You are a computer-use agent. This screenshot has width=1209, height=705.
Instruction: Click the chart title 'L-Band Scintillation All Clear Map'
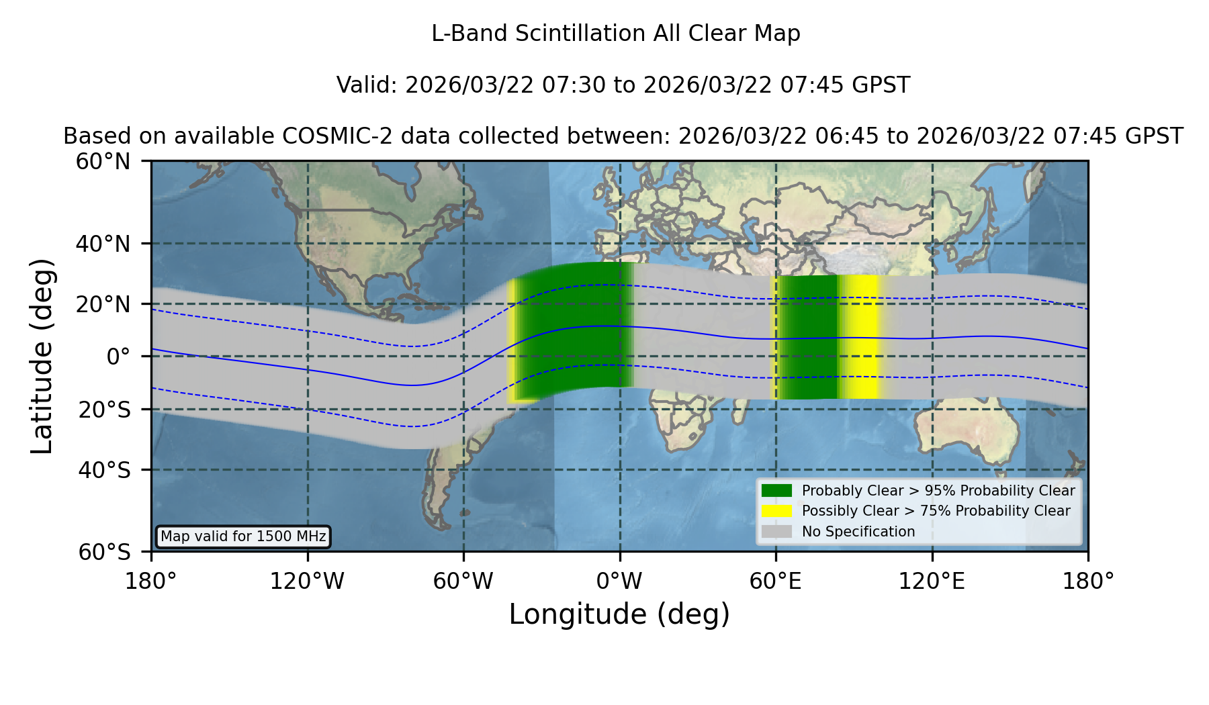[615, 34]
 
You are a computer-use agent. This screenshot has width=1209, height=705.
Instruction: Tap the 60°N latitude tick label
[103, 161]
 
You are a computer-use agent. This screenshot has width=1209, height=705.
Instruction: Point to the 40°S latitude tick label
[105, 470]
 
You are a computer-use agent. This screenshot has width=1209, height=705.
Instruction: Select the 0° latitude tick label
[118, 356]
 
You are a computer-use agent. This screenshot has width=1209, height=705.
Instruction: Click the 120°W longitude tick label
[307, 581]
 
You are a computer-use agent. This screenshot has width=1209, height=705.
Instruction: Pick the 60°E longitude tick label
[776, 581]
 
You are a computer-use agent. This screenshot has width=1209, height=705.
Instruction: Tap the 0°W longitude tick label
[619, 581]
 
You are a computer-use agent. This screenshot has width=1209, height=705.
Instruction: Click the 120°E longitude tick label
[932, 581]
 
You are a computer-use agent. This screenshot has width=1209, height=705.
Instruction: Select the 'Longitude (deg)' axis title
[619, 614]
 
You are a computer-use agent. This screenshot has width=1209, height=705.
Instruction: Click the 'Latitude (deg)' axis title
[42, 356]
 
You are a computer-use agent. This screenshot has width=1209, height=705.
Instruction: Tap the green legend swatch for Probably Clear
[776, 491]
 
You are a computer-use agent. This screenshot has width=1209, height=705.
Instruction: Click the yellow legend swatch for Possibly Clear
[776, 511]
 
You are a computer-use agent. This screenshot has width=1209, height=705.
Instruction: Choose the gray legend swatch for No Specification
[776, 532]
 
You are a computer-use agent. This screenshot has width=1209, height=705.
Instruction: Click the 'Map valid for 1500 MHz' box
[243, 536]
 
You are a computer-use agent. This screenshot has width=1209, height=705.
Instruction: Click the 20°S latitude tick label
[105, 410]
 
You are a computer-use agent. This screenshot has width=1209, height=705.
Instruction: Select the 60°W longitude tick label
[463, 581]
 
